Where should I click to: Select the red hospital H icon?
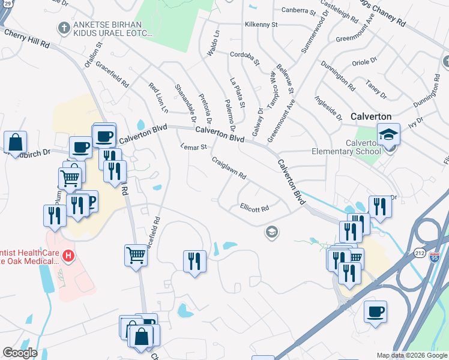tap(68, 257)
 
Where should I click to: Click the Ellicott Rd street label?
tap(254, 208)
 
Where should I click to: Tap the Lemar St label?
tap(194, 146)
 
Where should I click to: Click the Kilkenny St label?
tap(261, 25)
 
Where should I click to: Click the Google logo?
tap(20, 353)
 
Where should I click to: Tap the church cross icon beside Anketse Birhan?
tap(63, 27)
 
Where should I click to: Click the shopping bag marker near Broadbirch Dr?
tap(15, 143)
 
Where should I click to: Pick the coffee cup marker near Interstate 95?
tap(375, 312)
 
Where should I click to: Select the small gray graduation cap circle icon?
tap(272, 232)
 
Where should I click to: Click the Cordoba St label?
tap(244, 57)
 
